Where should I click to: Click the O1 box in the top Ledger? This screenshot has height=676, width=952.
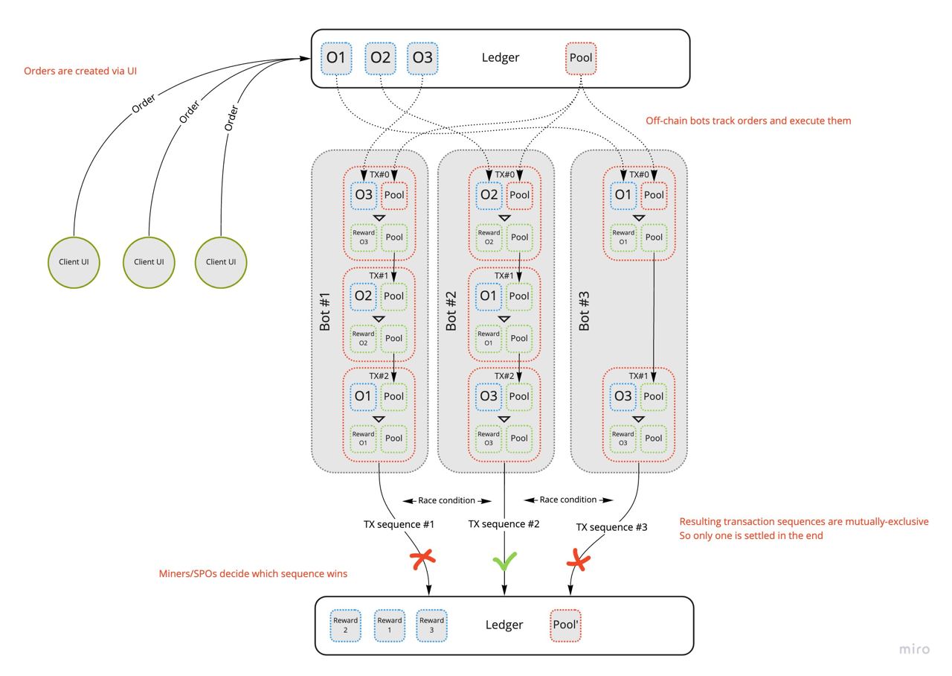point(337,58)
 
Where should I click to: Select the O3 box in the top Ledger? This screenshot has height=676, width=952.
point(422,58)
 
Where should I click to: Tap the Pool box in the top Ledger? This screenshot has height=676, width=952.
point(580,58)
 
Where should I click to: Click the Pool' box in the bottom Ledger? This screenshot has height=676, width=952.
point(566,625)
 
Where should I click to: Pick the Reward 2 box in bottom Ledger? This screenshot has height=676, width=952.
point(346,625)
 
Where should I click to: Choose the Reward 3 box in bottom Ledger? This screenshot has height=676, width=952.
point(431,625)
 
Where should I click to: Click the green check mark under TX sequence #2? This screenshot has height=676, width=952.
point(505,560)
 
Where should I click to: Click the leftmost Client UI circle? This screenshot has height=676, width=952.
point(74,261)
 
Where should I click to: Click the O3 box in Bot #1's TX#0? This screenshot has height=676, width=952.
point(363,195)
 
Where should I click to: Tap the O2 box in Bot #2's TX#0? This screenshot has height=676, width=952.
point(489,195)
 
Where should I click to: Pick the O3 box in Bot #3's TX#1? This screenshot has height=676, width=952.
point(623,396)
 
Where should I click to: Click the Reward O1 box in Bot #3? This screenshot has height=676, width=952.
point(623,237)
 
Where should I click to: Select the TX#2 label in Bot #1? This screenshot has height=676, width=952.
point(379,376)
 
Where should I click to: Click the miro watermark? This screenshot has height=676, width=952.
point(914,649)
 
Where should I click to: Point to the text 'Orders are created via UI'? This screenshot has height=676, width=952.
point(80,71)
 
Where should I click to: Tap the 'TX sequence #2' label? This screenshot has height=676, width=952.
point(504,524)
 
